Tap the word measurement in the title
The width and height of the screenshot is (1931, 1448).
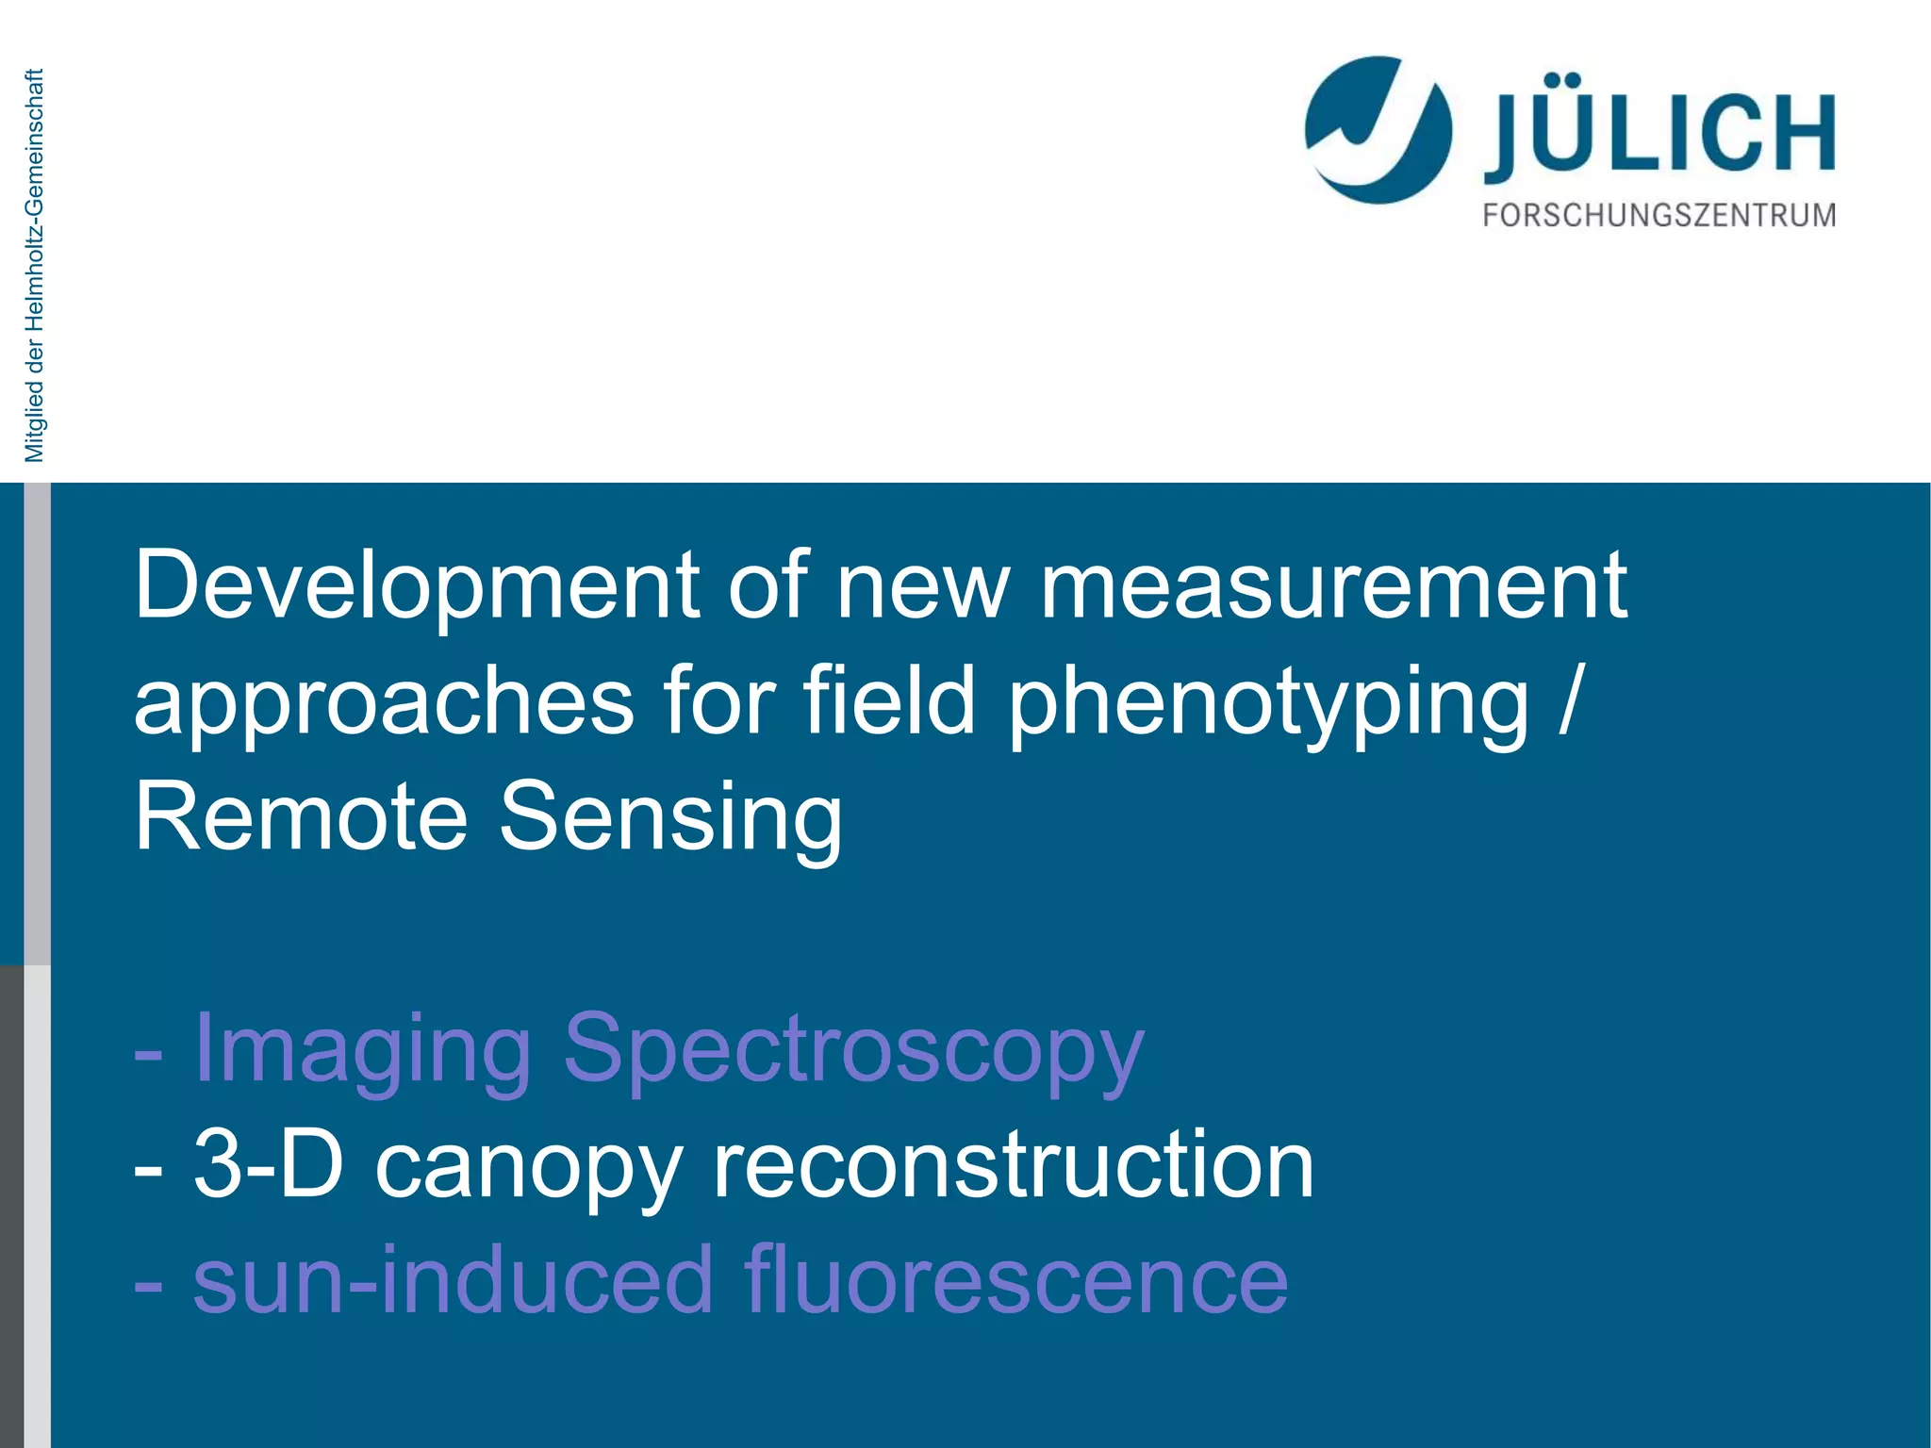tap(1333, 586)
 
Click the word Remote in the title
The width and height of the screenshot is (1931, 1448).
tap(301, 816)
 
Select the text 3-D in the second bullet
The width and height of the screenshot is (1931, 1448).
tap(269, 1165)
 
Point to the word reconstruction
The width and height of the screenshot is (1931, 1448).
tap(1013, 1167)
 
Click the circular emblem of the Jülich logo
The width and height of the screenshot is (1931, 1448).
tap(1378, 130)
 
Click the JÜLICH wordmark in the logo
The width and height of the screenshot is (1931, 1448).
tap(1659, 132)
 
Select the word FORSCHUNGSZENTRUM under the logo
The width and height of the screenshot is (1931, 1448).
tap(1659, 216)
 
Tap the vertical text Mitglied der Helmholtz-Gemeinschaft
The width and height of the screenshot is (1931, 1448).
tap(35, 266)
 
